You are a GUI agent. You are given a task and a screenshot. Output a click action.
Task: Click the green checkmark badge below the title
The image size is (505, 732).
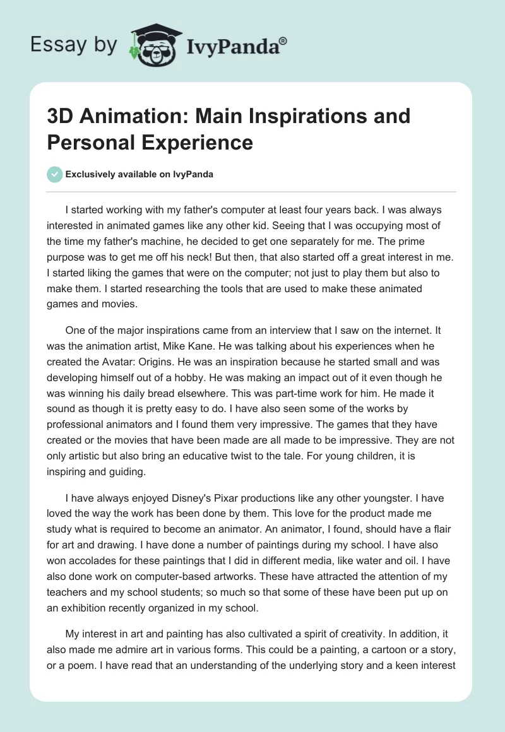tap(55, 174)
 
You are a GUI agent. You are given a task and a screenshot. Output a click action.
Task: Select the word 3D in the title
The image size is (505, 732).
tap(62, 116)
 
